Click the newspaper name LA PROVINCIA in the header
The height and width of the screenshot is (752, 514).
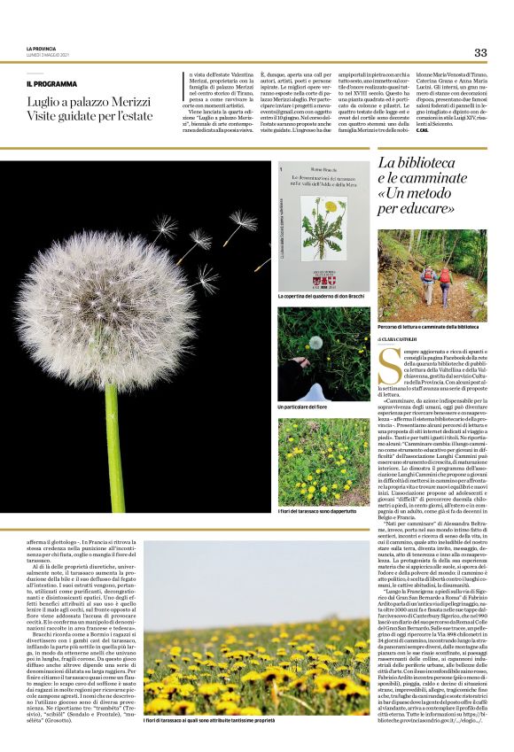[x=41, y=48]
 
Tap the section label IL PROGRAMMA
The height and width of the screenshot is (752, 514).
[x=51, y=83]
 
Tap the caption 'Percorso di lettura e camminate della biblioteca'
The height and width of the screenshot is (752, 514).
[x=432, y=326]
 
